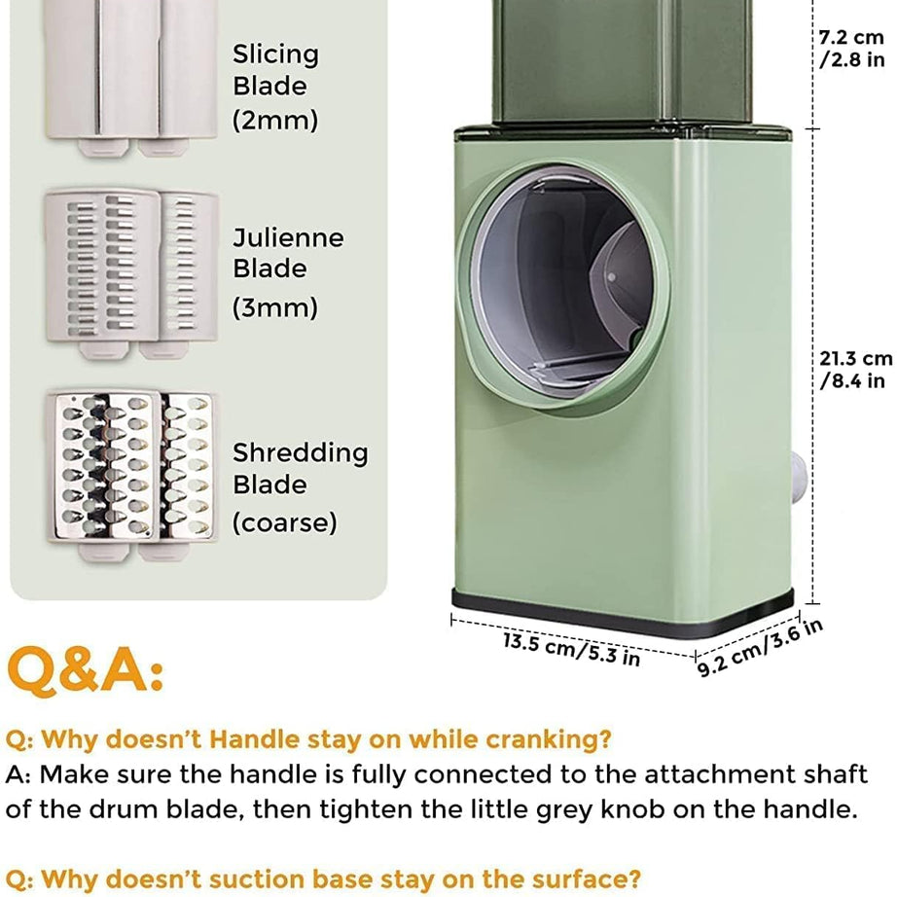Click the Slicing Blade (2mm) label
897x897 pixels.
275,87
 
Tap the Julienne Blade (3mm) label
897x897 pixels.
288,272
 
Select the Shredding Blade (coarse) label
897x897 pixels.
301,487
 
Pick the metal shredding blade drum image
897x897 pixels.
131,474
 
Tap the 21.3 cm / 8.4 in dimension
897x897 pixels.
855,370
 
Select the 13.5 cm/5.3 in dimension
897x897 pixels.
571,649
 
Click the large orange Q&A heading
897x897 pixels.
86,670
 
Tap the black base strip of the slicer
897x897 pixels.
623,615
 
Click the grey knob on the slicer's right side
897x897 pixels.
799,477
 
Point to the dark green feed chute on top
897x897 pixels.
622,61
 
